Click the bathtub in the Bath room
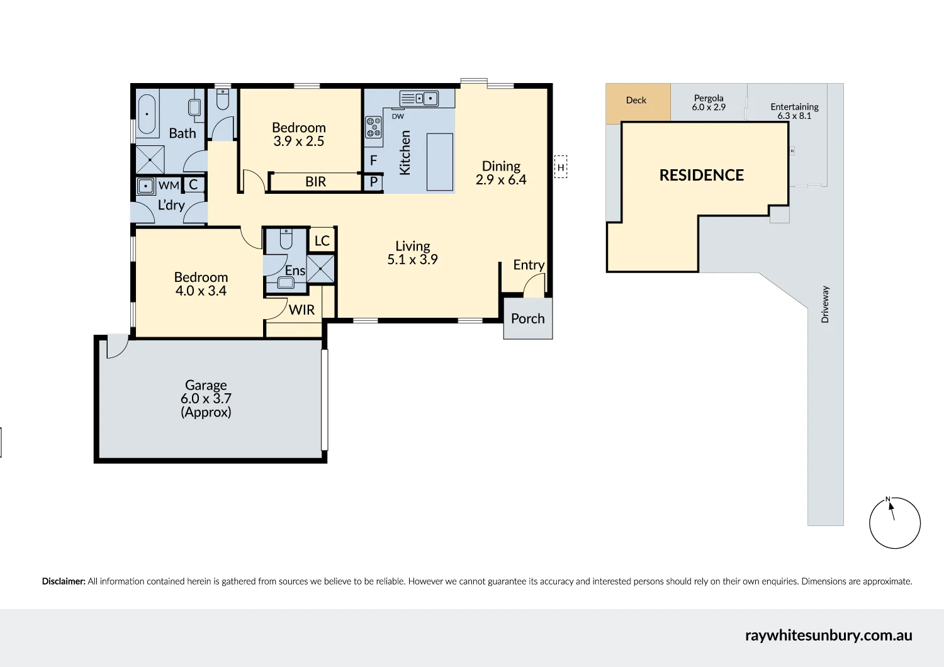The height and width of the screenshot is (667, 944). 147,114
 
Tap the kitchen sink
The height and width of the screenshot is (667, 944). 419,99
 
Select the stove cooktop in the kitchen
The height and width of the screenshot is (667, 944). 373,127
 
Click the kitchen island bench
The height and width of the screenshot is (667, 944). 439,162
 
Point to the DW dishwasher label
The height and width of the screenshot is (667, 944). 398,116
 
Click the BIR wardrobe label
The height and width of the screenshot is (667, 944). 316,182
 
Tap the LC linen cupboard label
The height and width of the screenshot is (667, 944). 322,240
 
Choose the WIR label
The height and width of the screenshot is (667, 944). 301,310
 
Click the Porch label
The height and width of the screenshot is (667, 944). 527,318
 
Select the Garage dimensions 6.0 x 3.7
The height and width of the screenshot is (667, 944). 206,398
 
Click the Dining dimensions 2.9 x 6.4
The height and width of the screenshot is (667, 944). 501,179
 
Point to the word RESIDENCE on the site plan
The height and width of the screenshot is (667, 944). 702,176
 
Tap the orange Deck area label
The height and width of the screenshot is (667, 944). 636,100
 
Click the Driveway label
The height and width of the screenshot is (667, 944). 825,305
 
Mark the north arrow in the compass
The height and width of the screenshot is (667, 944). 891,510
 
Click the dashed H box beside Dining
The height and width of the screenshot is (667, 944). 561,167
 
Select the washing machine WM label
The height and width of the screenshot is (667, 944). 169,186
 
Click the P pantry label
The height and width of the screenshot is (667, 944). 373,182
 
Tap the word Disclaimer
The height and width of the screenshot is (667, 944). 64,581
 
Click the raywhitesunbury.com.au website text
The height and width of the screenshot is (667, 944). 829,636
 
